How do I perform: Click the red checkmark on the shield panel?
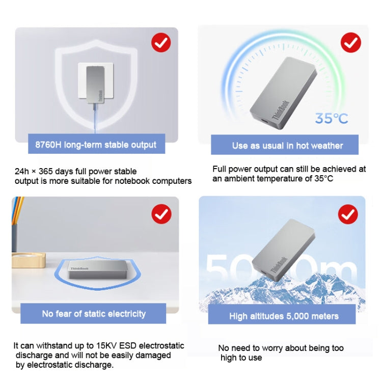(161, 43)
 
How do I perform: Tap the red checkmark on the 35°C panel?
(351, 42)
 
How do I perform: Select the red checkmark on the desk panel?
(161, 214)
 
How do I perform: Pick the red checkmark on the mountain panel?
(348, 214)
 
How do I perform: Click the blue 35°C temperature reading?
(332, 118)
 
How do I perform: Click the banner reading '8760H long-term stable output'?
(96, 144)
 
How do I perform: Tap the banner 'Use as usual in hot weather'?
(285, 145)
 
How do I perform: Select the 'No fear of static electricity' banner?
(93, 314)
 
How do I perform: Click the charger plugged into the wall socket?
(96, 85)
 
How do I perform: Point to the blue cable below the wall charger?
(95, 119)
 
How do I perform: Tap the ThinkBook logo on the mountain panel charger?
(280, 265)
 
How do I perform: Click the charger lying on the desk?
(97, 269)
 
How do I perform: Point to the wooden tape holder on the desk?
(29, 260)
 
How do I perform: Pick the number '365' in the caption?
(45, 171)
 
